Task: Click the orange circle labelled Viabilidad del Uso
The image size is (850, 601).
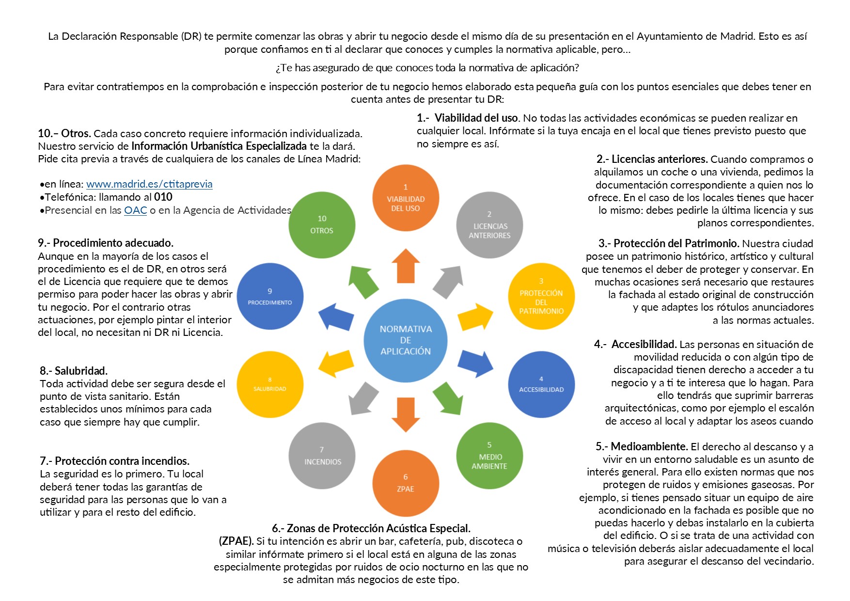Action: [x=406, y=198]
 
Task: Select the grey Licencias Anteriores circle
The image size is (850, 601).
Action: [x=489, y=225]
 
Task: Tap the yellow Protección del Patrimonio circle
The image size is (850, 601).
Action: [x=541, y=296]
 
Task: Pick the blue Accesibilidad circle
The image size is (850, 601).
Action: [x=541, y=384]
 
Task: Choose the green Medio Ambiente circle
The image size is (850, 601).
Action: [x=489, y=456]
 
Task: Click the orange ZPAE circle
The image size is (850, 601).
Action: [x=406, y=483]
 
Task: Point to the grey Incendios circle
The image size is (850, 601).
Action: [x=322, y=456]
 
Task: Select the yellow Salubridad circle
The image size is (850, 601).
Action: [x=270, y=384]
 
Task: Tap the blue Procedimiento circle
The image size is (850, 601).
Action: [x=270, y=296]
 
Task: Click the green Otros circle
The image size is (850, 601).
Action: [x=322, y=225]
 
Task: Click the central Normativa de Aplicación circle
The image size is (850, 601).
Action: [x=406, y=340]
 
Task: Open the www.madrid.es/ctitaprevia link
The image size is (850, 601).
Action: [x=149, y=184]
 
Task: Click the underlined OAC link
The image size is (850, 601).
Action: [x=135, y=210]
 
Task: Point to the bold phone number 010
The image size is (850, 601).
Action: [x=163, y=197]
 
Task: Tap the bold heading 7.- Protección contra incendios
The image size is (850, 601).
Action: [x=114, y=461]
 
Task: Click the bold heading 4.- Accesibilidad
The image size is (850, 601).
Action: [x=635, y=344]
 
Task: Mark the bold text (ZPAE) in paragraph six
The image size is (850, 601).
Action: [x=236, y=541]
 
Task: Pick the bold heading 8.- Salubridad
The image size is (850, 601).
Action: [x=74, y=371]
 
